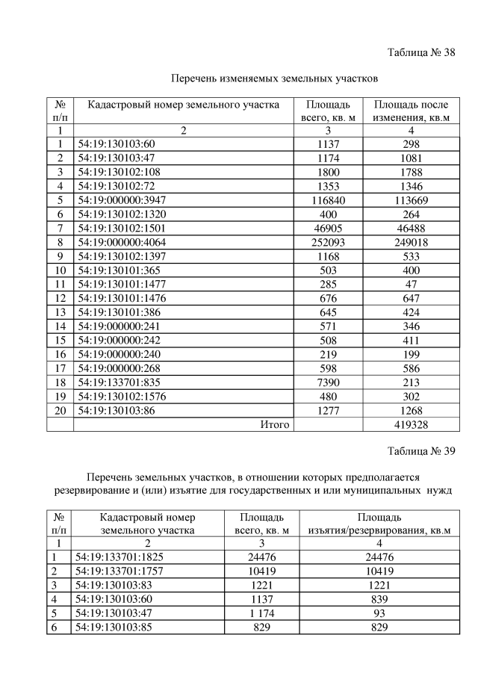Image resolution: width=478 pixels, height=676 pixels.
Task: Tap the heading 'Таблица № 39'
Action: pos(422,451)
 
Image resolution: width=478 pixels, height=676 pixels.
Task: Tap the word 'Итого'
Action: pos(274,424)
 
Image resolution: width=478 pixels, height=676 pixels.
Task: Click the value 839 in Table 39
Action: pos(379,599)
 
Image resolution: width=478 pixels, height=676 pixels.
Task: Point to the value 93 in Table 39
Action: pos(379,613)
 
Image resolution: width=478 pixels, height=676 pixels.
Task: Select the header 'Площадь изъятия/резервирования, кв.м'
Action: pos(379,524)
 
